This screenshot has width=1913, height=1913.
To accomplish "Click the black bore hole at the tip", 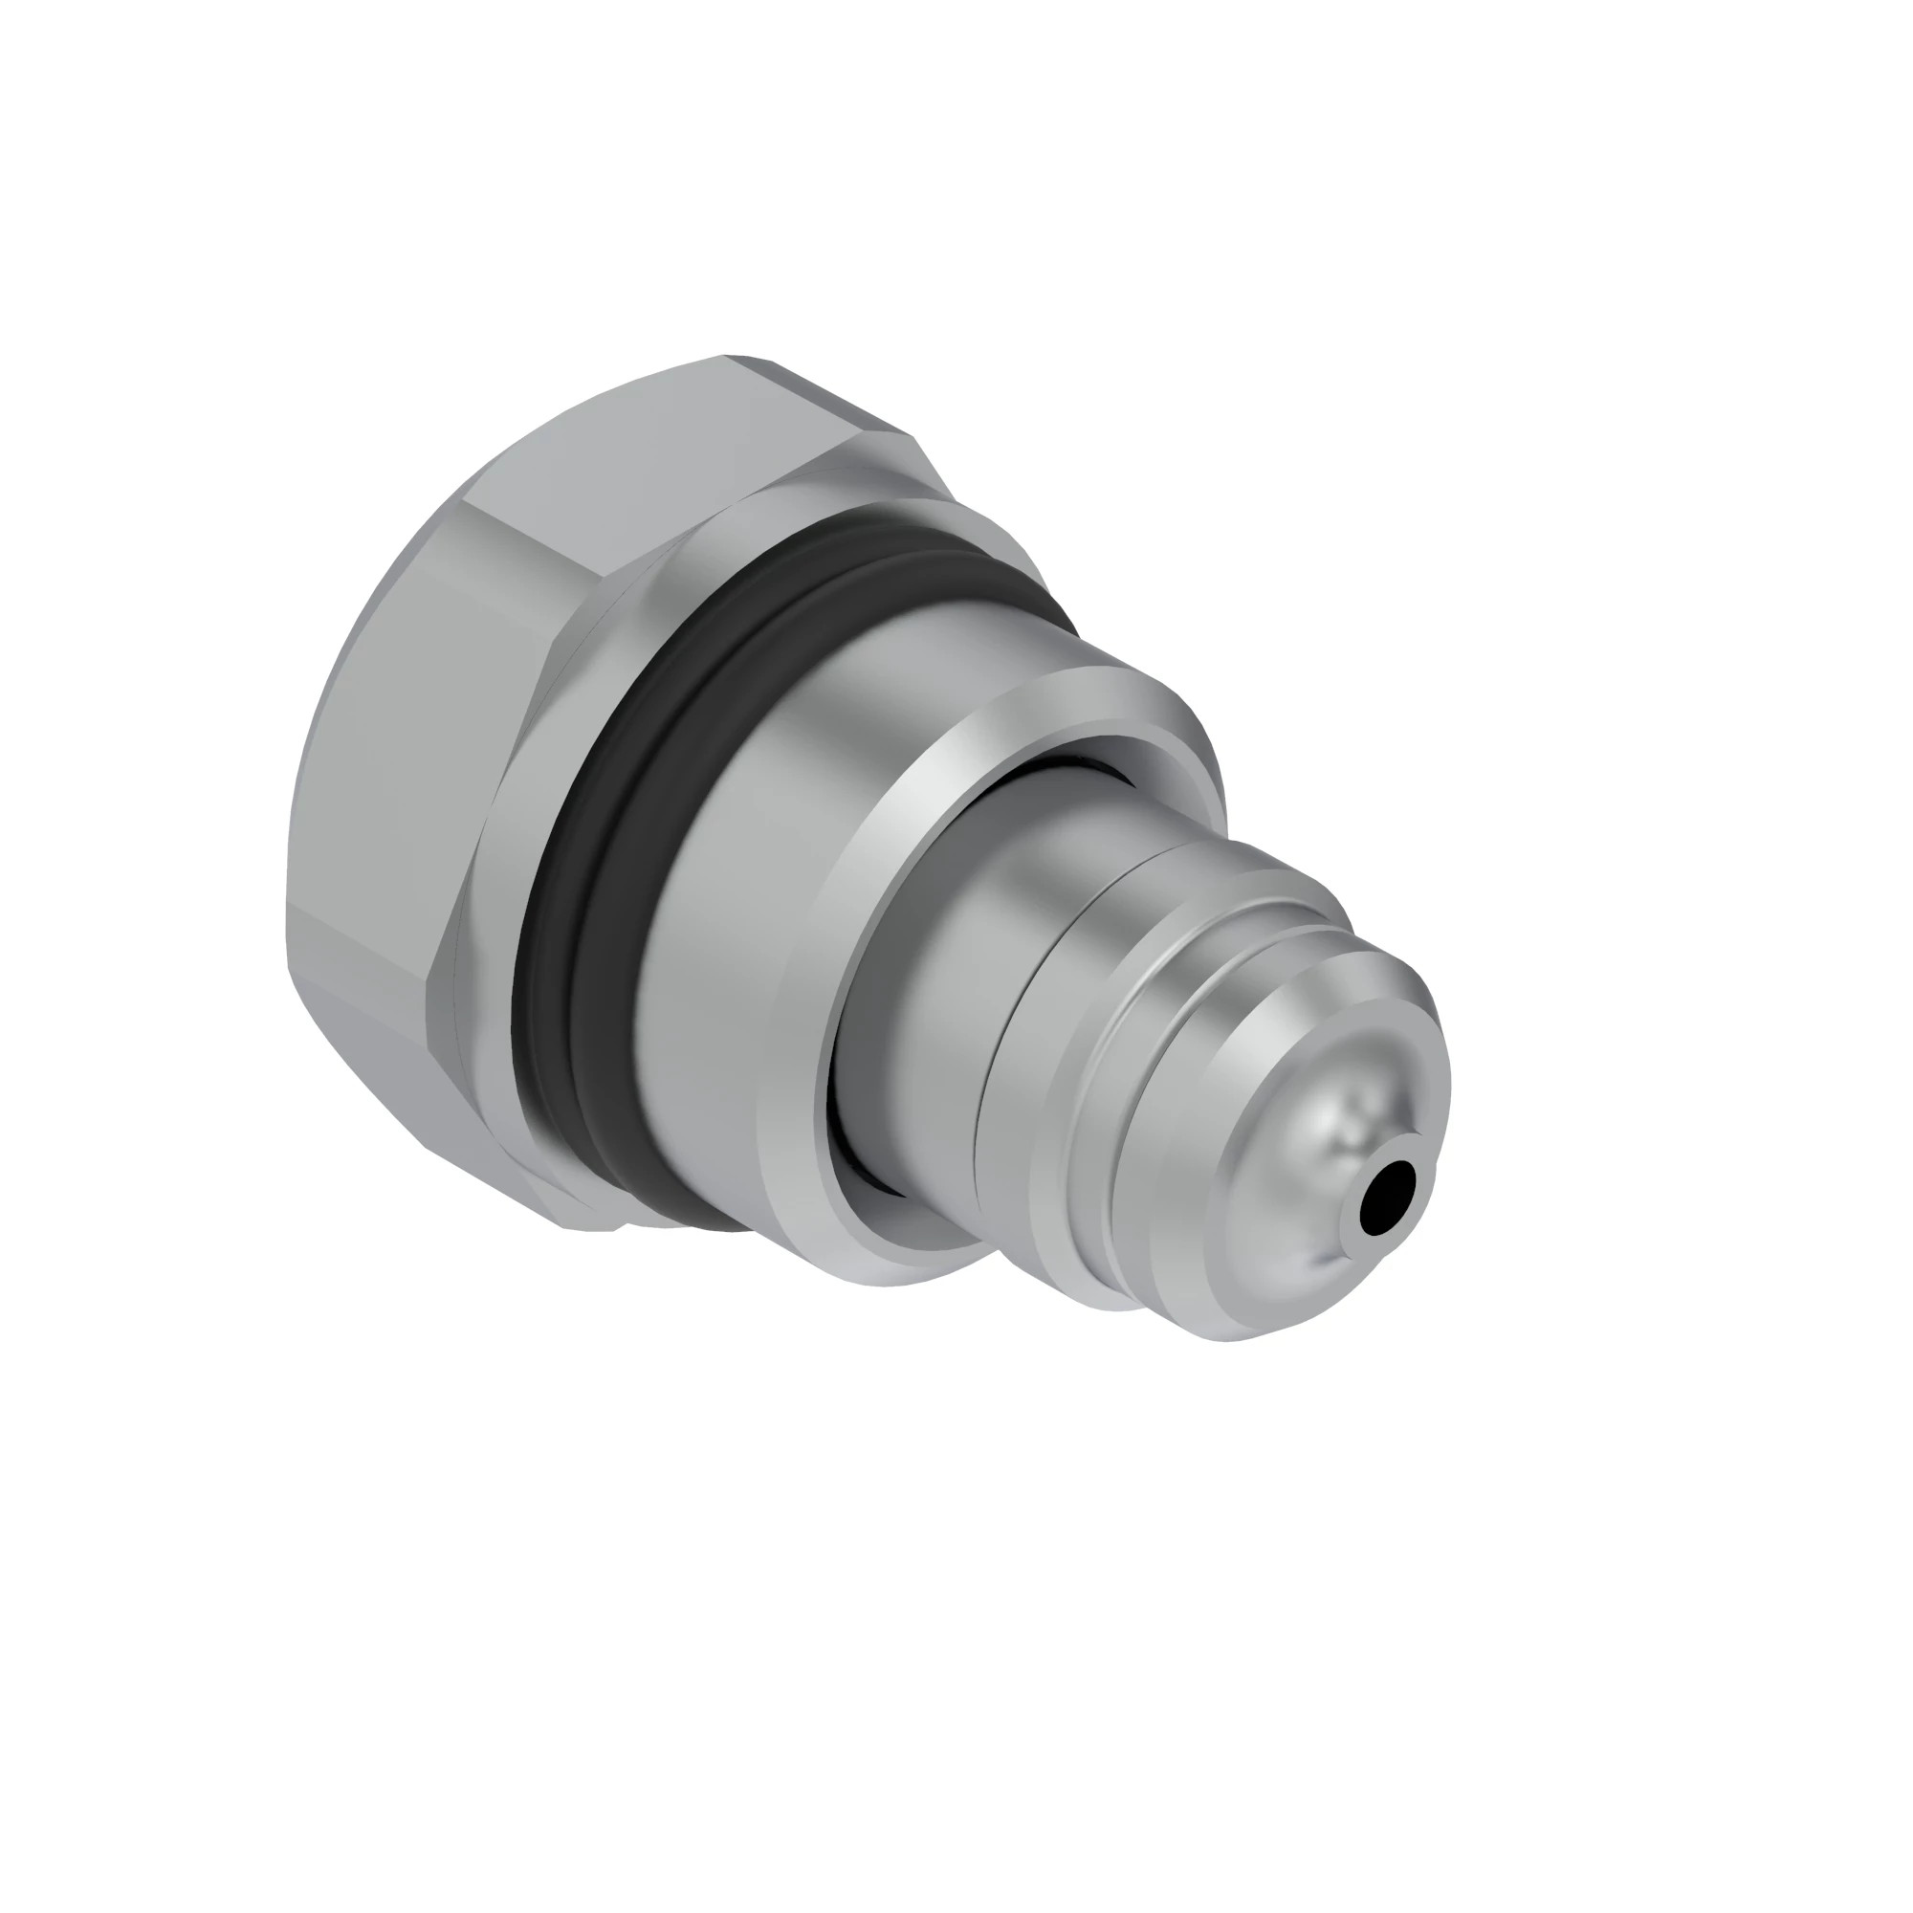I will (1388, 1198).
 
